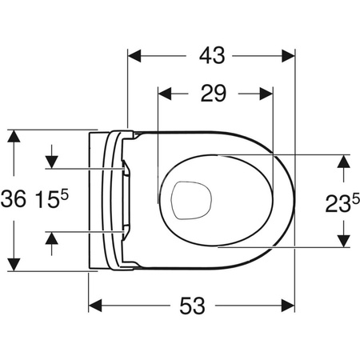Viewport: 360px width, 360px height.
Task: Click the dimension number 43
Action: [x=211, y=55]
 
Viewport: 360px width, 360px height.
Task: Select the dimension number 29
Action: [x=211, y=94]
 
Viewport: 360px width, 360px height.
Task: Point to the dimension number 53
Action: [x=192, y=305]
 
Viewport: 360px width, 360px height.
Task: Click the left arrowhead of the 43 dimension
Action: [x=137, y=56]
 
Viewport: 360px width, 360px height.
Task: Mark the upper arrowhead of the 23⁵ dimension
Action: [x=343, y=162]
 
